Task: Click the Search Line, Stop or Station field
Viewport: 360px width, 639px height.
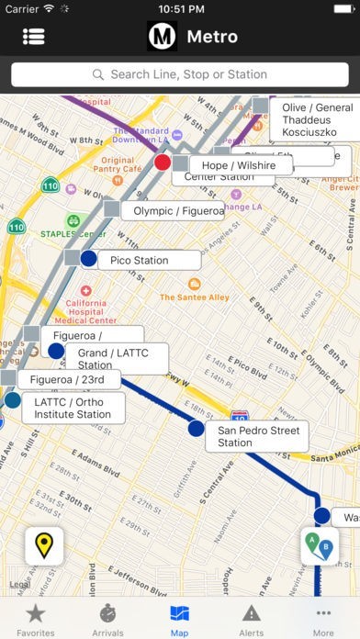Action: coord(180,73)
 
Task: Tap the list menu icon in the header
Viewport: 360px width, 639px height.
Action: coord(35,37)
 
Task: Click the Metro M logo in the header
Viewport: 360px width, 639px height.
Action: coord(163,37)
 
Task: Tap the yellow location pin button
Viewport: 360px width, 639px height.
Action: coord(44,546)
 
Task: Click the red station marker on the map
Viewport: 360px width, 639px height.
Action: coord(163,163)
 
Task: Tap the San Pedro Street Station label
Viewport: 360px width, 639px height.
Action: coord(259,436)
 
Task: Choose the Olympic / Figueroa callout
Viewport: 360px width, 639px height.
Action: coord(177,210)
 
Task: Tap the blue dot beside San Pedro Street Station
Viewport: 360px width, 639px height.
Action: coord(196,428)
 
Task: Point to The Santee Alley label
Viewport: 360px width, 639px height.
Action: coord(194,297)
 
